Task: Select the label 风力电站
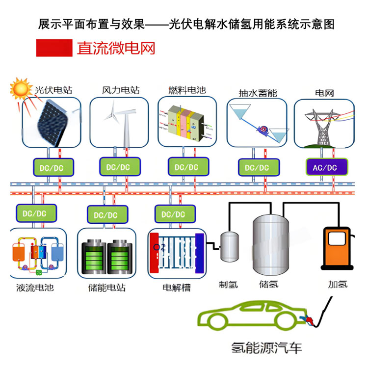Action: pyautogui.click(x=121, y=90)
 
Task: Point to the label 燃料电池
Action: pyautogui.click(x=187, y=90)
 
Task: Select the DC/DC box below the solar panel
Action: pyautogui.click(x=52, y=167)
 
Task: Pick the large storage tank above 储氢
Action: pyautogui.click(x=269, y=245)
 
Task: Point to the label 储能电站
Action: pyautogui.click(x=106, y=287)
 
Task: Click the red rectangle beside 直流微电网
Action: pyautogui.click(x=53, y=48)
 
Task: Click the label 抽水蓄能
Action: pyautogui.click(x=257, y=92)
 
